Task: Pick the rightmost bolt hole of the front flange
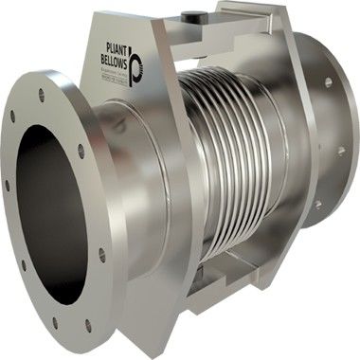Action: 101,254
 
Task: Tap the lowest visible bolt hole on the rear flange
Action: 317,203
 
